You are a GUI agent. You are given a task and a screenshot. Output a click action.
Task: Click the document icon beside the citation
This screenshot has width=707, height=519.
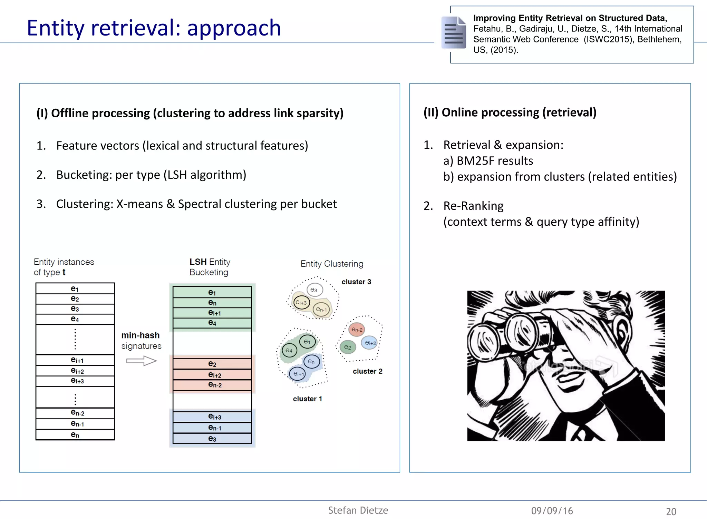click(454, 32)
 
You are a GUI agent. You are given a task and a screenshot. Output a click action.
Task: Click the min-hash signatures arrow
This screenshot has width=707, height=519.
click(141, 361)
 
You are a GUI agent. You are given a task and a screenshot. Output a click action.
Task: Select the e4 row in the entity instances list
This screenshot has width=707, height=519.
click(75, 319)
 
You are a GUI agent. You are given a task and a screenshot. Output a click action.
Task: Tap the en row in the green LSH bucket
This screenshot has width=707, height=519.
click(212, 303)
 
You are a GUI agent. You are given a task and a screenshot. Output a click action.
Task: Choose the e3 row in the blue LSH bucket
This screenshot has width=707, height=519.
click(212, 439)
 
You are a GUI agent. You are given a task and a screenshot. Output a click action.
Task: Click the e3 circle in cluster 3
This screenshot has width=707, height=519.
click(314, 290)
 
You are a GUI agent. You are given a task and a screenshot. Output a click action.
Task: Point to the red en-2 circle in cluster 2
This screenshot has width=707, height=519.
click(357, 330)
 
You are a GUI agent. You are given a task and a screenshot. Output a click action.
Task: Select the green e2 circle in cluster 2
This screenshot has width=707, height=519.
click(347, 347)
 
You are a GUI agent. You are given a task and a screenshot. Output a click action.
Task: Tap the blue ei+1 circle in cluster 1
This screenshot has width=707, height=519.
click(298, 374)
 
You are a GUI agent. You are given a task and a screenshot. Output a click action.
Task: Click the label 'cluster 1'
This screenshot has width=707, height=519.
click(307, 399)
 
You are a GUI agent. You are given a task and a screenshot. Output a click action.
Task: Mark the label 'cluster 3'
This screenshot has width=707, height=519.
click(356, 282)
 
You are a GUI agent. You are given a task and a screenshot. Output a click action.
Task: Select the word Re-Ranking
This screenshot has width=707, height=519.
click(473, 206)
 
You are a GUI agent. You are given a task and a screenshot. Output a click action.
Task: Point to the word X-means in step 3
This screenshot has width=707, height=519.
click(139, 204)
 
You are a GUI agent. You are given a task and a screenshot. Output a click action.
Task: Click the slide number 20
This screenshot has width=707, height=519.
click(671, 511)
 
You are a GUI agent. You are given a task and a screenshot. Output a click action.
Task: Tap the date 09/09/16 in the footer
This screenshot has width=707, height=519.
click(552, 511)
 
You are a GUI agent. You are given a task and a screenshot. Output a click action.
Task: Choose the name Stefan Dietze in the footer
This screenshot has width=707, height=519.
click(358, 510)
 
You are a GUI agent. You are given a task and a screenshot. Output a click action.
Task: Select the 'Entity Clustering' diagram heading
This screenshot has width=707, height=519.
click(332, 264)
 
